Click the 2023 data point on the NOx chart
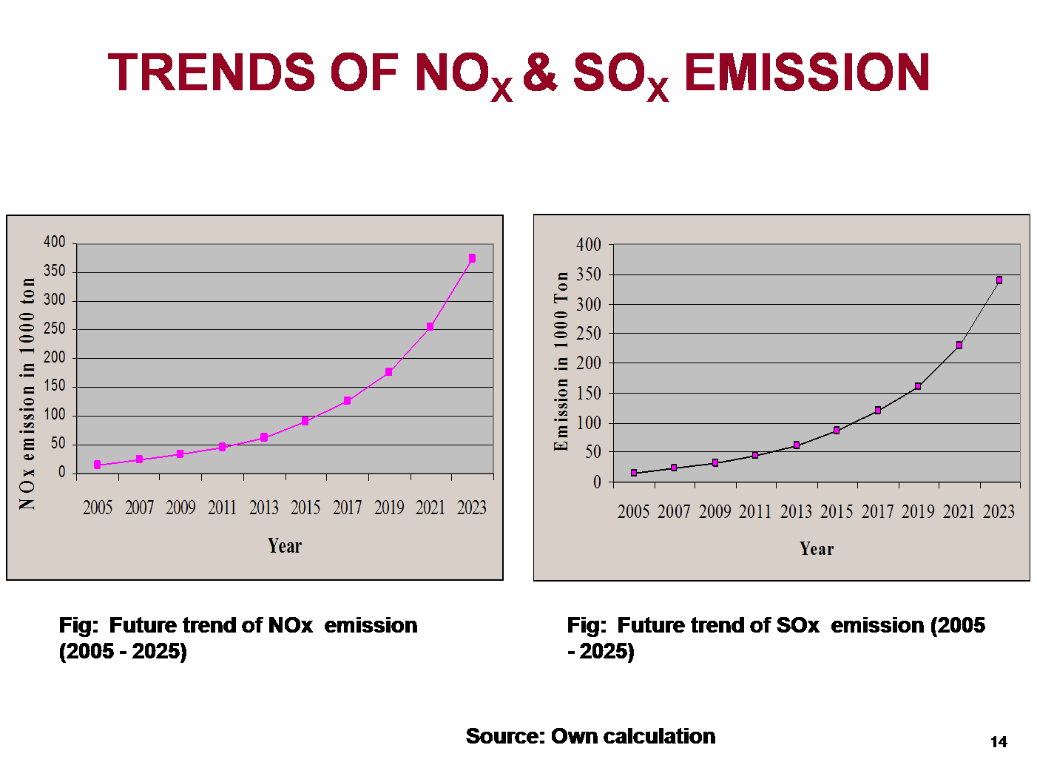coord(472,258)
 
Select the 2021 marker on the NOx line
coord(430,326)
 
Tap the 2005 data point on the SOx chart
coord(634,473)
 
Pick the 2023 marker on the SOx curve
coord(999,280)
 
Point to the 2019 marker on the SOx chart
coord(918,386)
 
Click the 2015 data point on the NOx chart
coord(305,421)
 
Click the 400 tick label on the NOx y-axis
coord(55,242)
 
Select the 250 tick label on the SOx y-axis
coord(589,334)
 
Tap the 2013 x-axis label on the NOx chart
coord(264,508)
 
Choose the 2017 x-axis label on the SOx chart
coord(877,511)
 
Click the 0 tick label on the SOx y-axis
coord(597,482)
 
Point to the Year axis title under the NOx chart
coord(285,546)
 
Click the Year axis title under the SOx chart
coord(817,549)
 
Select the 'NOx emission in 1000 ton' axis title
coord(27,394)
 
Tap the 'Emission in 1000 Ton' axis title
coord(561,361)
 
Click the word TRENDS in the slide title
coord(212,73)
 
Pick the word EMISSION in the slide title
coord(807,73)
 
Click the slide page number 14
coord(999,742)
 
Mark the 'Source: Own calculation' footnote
coord(590,736)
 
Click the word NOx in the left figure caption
coord(290,625)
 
